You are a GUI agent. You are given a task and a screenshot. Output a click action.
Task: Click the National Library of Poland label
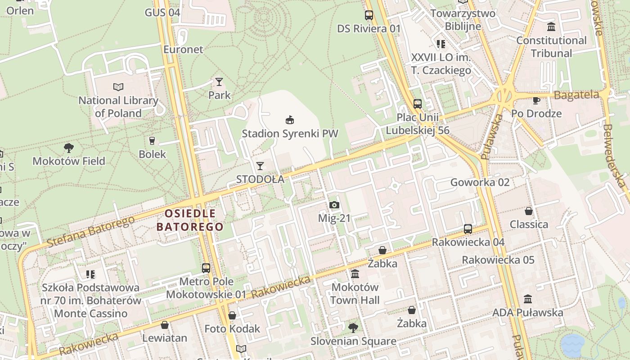click(118, 107)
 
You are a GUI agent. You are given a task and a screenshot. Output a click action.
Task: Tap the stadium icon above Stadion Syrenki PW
click(290, 120)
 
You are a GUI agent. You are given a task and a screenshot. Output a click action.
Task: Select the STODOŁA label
click(261, 179)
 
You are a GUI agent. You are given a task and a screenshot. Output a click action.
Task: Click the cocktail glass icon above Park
click(219, 82)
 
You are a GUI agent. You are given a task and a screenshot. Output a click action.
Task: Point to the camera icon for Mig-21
click(334, 205)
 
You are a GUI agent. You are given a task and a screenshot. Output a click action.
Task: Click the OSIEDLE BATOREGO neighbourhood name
click(190, 220)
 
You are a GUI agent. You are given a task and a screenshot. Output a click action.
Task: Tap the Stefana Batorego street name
click(90, 232)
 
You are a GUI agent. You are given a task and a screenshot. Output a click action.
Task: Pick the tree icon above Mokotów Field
click(69, 148)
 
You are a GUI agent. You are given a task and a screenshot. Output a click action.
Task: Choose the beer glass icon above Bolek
click(152, 140)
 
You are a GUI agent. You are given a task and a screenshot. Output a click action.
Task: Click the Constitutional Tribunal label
click(551, 47)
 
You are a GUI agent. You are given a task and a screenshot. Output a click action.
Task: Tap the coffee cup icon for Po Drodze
click(536, 100)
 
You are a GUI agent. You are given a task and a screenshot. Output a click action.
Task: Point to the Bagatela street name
click(576, 95)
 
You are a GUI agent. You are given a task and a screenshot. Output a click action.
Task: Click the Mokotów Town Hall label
click(355, 293)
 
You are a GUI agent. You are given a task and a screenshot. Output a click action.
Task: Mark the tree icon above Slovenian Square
click(353, 328)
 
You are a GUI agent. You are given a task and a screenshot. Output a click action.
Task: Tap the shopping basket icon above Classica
click(529, 211)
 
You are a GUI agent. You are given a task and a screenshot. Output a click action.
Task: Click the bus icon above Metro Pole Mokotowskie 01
click(206, 268)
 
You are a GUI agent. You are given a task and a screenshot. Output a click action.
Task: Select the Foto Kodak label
click(232, 328)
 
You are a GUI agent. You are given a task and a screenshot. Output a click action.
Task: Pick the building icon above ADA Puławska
click(528, 299)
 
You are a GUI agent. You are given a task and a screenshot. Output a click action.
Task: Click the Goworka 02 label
click(480, 182)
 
